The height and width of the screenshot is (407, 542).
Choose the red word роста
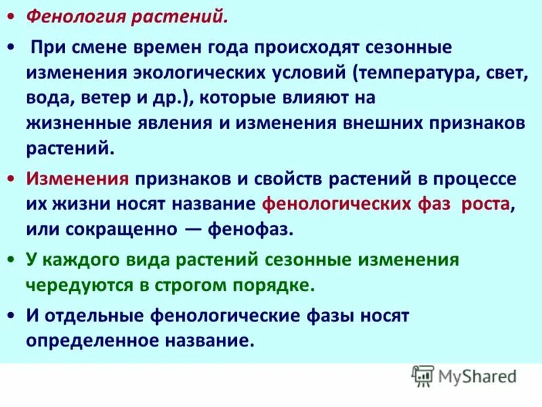484,204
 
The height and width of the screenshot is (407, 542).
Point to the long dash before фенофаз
199,229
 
